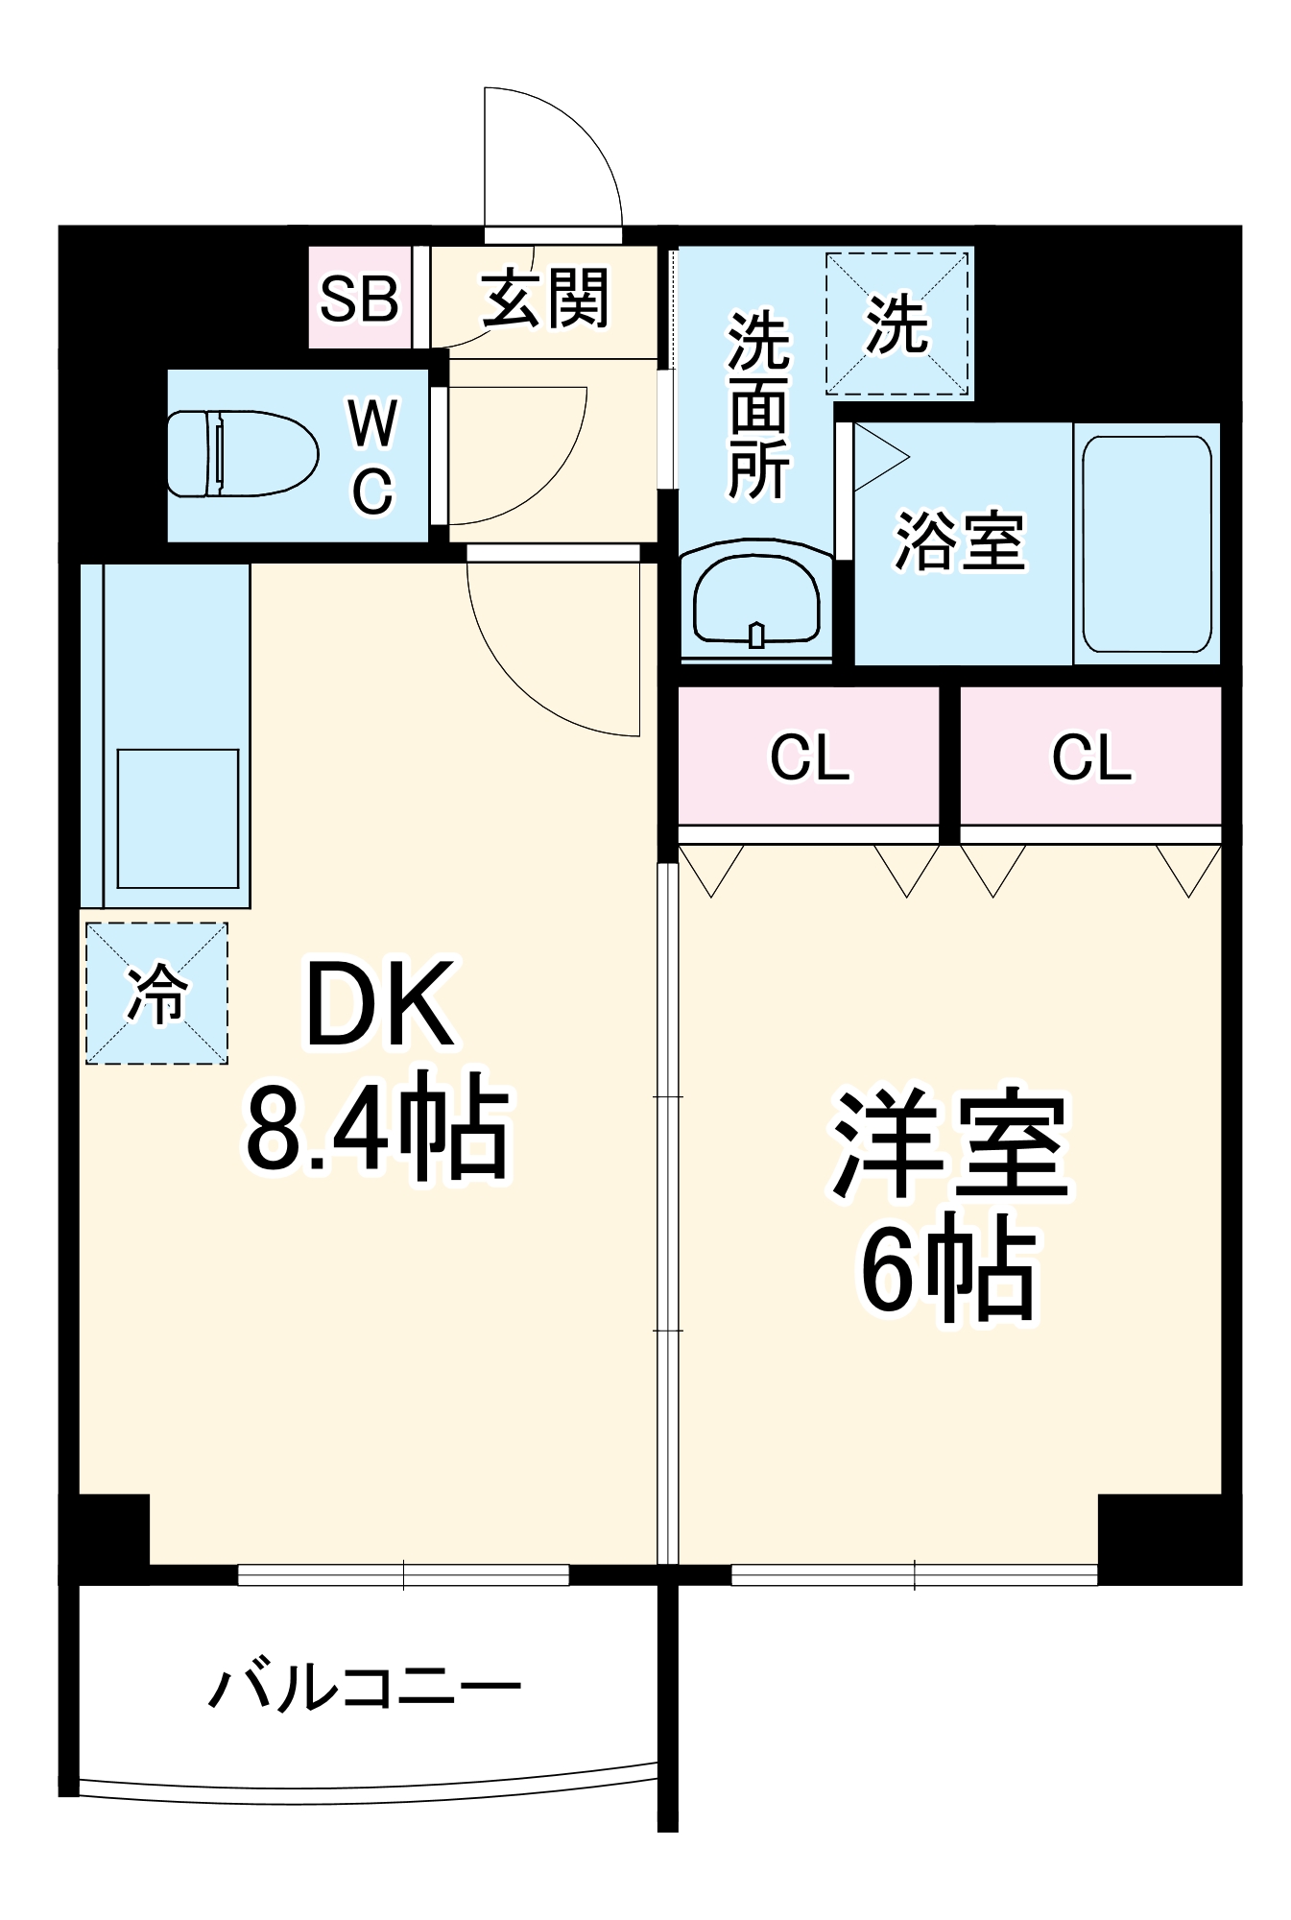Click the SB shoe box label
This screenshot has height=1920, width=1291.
coord(359,299)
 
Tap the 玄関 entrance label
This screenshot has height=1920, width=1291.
coord(544,299)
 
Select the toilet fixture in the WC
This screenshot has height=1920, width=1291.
coord(242,454)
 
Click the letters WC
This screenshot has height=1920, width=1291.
coord(372,457)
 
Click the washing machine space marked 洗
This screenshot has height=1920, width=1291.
coord(897,323)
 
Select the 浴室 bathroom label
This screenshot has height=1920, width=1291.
coord(961,542)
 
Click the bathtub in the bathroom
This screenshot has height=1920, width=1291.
coord(1146,543)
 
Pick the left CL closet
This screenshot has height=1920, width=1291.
coord(809,756)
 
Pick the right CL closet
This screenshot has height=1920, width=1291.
coord(1091,756)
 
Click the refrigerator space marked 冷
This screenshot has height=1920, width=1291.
coord(156,994)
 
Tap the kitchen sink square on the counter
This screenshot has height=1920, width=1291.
coord(178,818)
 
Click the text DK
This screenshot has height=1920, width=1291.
coord(379,1004)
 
